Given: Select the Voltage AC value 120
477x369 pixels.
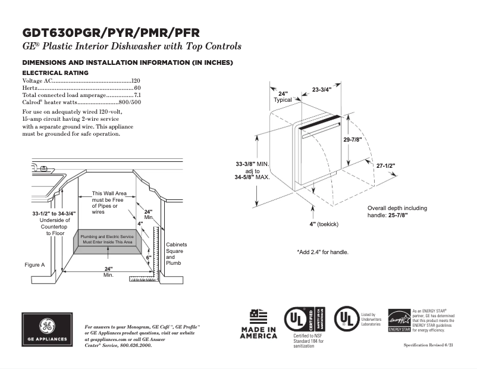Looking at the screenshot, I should click(136, 80).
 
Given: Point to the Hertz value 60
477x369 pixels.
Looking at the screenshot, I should click(137, 88).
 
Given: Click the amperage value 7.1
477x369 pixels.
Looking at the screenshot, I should click(137, 95).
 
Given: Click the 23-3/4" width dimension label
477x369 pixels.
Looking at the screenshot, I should click(322, 90).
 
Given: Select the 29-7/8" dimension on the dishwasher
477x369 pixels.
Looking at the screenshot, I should click(353, 139).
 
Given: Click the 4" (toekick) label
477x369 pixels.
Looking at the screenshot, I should click(324, 224).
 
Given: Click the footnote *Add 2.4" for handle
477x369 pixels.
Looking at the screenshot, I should click(322, 252).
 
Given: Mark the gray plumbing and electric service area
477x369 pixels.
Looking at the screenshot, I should click(107, 240).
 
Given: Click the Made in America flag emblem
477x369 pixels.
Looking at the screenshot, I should click(258, 316).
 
